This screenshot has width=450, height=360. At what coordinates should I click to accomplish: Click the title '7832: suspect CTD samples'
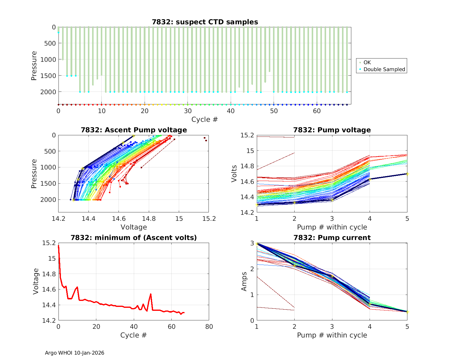click(205, 22)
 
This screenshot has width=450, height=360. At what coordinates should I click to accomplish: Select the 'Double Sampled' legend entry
click(384, 69)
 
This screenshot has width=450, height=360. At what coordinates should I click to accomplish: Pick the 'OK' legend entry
click(367, 62)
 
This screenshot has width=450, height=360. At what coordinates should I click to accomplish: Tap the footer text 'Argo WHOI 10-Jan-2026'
click(74, 353)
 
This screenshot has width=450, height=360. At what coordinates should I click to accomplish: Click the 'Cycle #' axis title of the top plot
click(205, 119)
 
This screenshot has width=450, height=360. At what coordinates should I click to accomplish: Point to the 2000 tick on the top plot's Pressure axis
click(48, 92)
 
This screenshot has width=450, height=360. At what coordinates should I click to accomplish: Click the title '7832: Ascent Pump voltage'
click(133, 130)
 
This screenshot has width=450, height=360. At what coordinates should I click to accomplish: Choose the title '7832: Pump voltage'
click(332, 130)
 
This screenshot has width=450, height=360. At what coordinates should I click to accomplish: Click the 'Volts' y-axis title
click(234, 174)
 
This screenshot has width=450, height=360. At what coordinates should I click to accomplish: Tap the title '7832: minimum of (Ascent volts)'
click(133, 238)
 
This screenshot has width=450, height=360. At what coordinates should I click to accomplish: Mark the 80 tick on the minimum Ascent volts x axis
click(209, 326)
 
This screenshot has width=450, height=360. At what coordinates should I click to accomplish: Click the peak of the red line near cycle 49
click(151, 294)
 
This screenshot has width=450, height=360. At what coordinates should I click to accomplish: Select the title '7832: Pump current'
click(332, 238)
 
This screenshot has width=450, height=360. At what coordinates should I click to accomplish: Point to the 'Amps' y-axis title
click(244, 281)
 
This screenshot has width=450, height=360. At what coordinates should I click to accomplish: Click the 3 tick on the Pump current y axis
click(252, 243)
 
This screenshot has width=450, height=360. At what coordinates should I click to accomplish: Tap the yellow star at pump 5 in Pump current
click(407, 311)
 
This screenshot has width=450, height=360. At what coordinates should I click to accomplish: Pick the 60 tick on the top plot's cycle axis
click(317, 111)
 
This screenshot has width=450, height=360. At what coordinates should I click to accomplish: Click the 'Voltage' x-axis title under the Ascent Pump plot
click(133, 227)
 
